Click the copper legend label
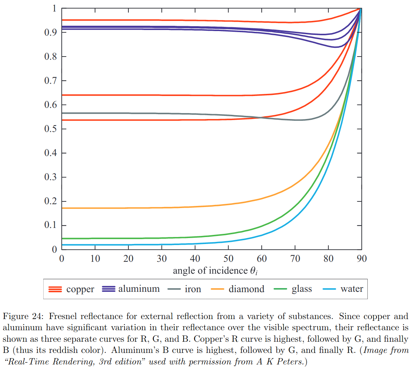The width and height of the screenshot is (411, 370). pyautogui.click(x=80, y=289)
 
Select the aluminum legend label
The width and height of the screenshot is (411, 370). pyautogui.click(x=139, y=289)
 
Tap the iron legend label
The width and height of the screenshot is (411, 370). pyautogui.click(x=193, y=289)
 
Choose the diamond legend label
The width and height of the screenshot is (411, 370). pyautogui.click(x=246, y=289)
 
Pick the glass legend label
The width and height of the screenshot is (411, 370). pyautogui.click(x=302, y=289)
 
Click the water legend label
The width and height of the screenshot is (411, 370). pyautogui.click(x=352, y=289)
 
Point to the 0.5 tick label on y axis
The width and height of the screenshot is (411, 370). pyautogui.click(x=50, y=129)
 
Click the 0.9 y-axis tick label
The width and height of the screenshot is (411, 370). pyautogui.click(x=50, y=32)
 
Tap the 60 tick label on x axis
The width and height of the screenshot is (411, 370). pyautogui.click(x=262, y=259)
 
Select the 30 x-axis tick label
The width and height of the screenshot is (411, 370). pyautogui.click(x=162, y=259)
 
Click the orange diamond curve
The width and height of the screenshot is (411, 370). pyautogui.click(x=140, y=208)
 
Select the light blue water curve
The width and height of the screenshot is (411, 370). pyautogui.click(x=140, y=245)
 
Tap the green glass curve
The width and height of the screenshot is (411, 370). pyautogui.click(x=140, y=238)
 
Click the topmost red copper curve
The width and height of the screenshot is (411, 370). pyautogui.click(x=140, y=20)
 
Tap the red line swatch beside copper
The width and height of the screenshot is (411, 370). pyautogui.click(x=55, y=289)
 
